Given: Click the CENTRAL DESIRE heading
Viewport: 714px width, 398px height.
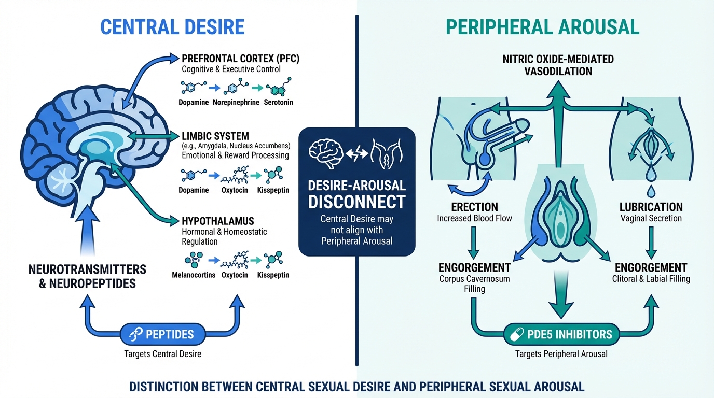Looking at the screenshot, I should click(172, 26).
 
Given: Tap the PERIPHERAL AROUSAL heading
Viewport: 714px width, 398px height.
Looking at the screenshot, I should click(542, 26).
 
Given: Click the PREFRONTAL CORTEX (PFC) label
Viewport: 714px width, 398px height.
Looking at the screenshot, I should click(240, 58).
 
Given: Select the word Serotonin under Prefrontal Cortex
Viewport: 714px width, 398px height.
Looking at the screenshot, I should click(279, 102).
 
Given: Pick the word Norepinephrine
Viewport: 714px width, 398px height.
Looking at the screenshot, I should click(236, 102).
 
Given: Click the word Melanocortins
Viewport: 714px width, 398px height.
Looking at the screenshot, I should click(194, 275).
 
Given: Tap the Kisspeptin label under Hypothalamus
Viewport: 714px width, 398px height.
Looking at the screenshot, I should click(273, 275).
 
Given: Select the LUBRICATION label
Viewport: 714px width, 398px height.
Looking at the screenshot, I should click(651, 207).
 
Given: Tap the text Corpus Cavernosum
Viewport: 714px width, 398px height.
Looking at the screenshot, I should click(474, 279).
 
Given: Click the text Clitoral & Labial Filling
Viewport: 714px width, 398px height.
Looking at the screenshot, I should click(651, 279).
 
